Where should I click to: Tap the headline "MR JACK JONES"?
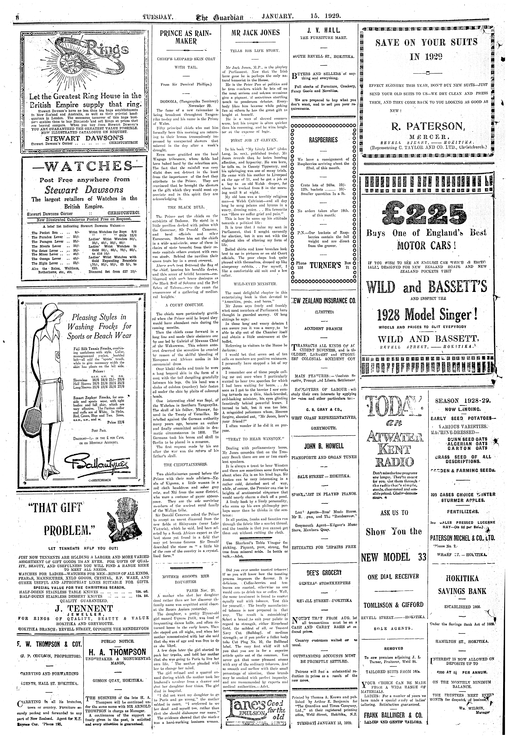[x=256, y=33]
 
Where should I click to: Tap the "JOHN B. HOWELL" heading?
[x=323, y=446]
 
